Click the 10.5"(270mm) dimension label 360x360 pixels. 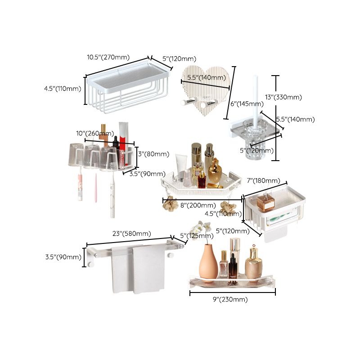(108, 57)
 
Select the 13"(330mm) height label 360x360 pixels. (289, 97)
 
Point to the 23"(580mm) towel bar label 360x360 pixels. (131, 234)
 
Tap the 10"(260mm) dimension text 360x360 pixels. (95, 133)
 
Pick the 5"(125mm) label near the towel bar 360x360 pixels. (197, 235)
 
